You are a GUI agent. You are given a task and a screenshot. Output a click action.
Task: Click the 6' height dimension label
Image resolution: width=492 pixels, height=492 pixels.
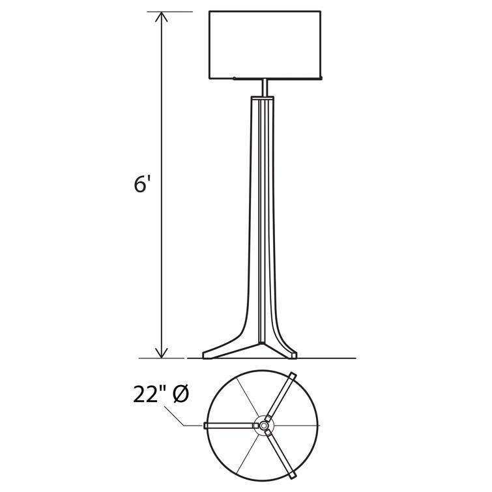pyautogui.click(x=142, y=184)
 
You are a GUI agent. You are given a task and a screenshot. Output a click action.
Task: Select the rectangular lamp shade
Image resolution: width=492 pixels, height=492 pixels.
pyautogui.click(x=265, y=45)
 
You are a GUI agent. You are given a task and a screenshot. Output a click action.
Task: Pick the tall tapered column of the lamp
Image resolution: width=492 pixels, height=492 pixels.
pyautogui.click(x=263, y=215)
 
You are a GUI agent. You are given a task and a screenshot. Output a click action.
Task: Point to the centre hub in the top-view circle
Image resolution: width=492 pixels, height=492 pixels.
pyautogui.click(x=264, y=426)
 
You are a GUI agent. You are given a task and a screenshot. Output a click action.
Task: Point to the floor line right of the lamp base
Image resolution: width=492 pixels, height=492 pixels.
pyautogui.click(x=326, y=358)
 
